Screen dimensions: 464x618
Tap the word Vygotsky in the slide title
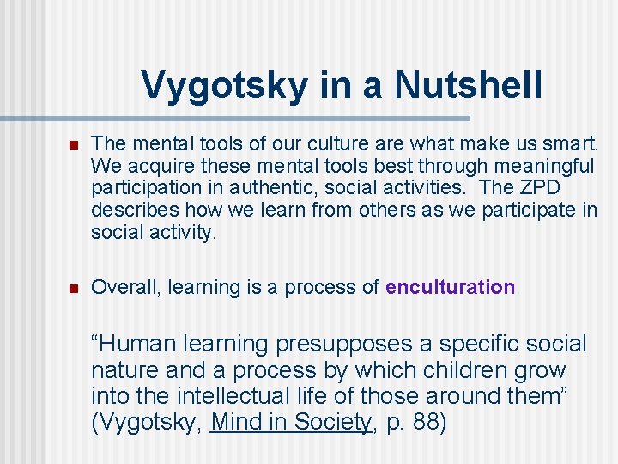pyautogui.click(x=224, y=85)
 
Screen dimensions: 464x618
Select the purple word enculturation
pyautogui.click(x=450, y=287)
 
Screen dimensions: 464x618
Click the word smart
pyautogui.click(x=574, y=143)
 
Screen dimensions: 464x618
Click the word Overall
pyautogui.click(x=126, y=287)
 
